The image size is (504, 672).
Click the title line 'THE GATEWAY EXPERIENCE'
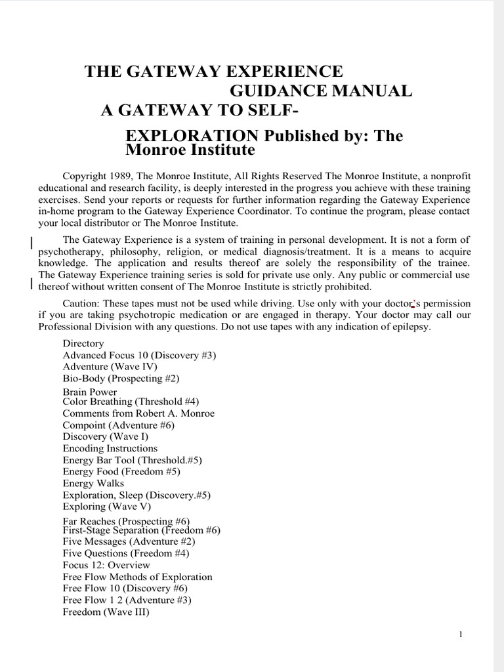[214, 72]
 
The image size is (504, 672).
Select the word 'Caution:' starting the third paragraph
[81, 303]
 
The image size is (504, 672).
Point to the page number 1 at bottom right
[462, 634]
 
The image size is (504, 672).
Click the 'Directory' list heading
[83, 343]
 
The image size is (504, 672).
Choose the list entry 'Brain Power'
[90, 392]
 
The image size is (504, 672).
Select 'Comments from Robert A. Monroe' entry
[138, 413]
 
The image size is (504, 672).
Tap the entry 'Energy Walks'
[93, 483]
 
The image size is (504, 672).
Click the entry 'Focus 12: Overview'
[106, 565]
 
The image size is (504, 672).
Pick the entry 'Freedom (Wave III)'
[106, 612]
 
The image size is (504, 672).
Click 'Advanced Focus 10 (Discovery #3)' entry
[139, 355]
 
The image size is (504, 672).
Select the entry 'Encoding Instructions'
[110, 448]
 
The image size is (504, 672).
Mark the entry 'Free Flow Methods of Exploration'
[138, 577]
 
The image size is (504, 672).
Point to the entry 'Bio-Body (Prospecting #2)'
[121, 379]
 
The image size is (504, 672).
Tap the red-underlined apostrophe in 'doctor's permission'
[412, 304]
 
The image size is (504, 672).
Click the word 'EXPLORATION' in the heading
[192, 136]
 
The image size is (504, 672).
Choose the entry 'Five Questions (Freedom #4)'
[126, 553]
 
